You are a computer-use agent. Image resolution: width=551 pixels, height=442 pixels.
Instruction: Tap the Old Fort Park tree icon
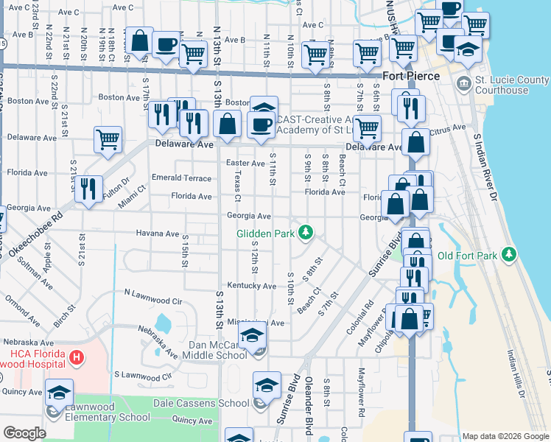[508, 255]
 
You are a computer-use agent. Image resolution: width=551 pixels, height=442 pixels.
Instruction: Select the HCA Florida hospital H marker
[75, 358]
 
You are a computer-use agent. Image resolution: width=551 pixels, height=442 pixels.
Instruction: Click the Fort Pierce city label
[411, 76]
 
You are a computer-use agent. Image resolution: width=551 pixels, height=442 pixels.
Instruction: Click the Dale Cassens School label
[200, 403]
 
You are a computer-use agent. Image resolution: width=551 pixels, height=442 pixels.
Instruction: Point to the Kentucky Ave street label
[251, 286]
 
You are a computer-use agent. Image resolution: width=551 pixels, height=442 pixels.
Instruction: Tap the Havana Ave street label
[157, 234]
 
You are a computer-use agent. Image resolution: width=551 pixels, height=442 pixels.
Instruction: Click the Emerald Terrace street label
[180, 178]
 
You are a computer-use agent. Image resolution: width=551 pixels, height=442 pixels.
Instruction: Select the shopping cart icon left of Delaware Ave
[108, 138]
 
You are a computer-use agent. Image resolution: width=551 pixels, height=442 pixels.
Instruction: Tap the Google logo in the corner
[24, 432]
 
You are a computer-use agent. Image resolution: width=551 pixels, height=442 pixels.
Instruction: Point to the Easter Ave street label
[245, 163]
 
